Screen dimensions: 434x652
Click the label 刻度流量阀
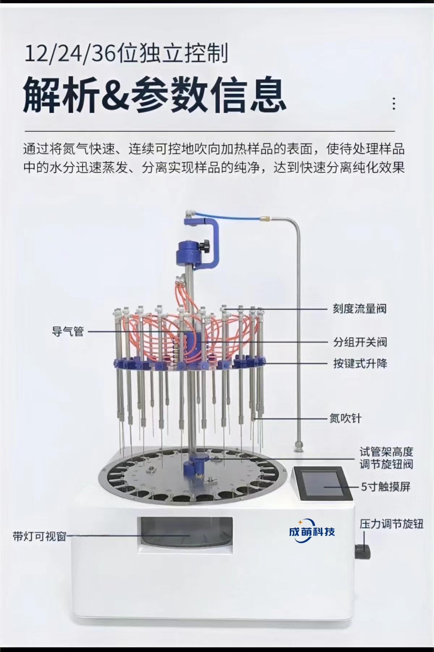(x=359, y=309)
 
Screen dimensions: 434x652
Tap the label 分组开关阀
(x=360, y=342)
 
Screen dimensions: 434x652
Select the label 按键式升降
(x=360, y=363)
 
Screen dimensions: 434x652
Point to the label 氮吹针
(x=345, y=418)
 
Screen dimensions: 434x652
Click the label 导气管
(x=68, y=331)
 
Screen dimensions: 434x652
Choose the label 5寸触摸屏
(x=386, y=487)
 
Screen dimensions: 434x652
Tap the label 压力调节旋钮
(x=391, y=524)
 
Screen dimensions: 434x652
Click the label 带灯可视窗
(x=39, y=536)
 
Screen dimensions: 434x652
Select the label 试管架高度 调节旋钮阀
(x=386, y=458)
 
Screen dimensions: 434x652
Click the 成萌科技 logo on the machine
(x=312, y=531)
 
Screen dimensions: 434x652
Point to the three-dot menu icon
(x=394, y=104)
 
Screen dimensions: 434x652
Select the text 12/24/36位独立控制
(x=126, y=53)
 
